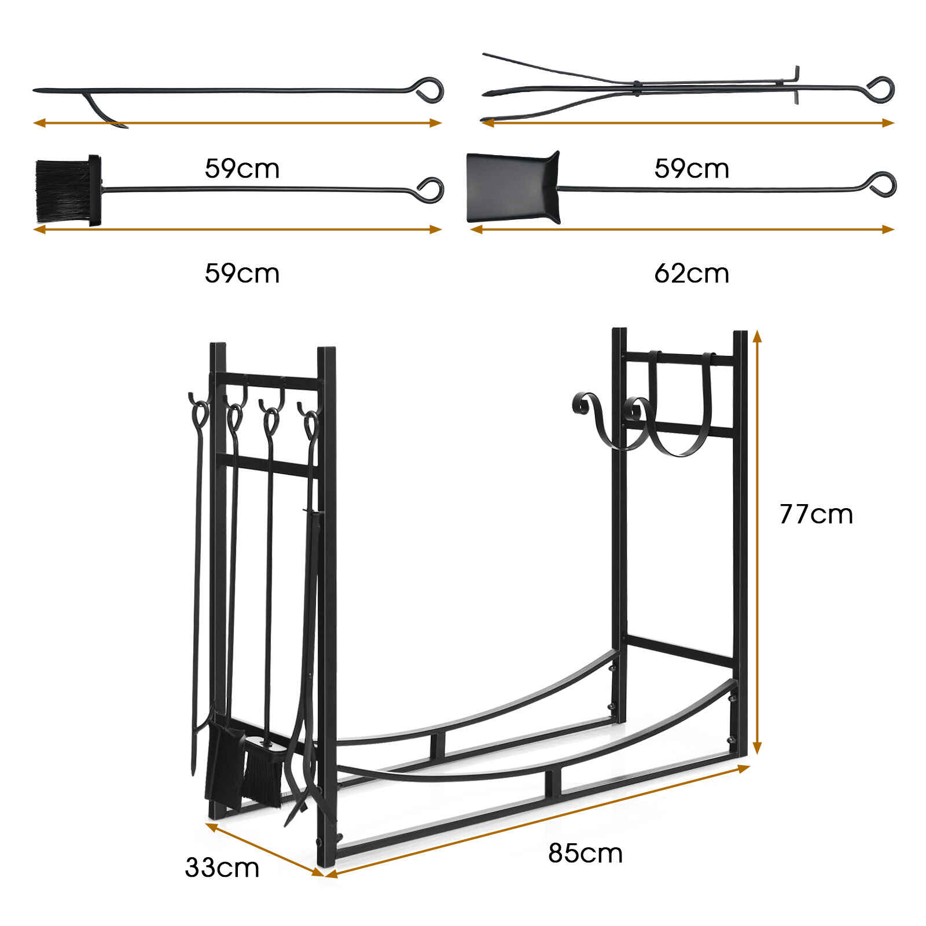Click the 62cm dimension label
(x=692, y=273)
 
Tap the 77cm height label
(x=816, y=514)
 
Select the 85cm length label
(x=585, y=853)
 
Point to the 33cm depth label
(x=222, y=868)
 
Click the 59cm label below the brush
(x=242, y=273)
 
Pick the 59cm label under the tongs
(x=692, y=168)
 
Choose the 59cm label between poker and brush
(x=242, y=168)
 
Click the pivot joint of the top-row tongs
(x=636, y=87)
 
